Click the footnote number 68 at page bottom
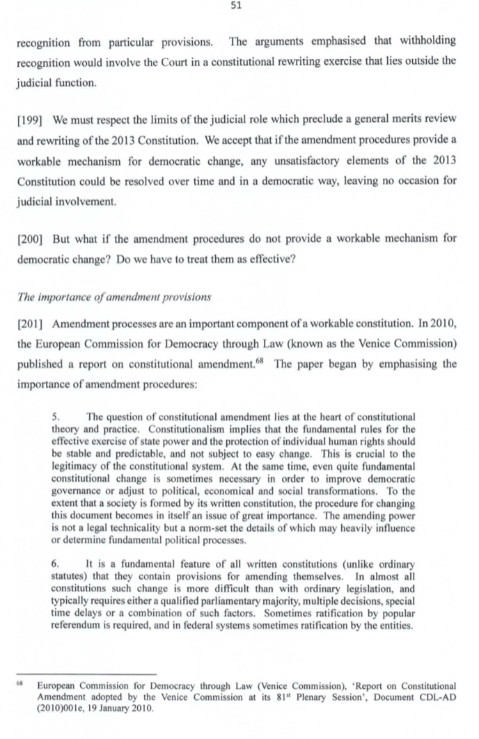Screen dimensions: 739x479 tap(22, 685)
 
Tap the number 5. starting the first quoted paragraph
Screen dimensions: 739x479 tap(57, 416)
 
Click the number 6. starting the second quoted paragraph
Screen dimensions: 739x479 tap(57, 564)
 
